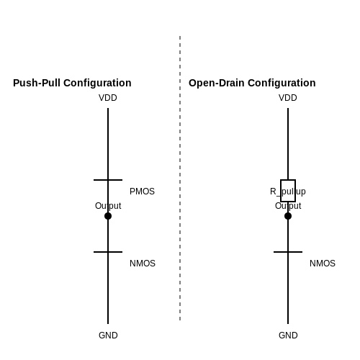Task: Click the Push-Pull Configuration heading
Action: click(x=72, y=83)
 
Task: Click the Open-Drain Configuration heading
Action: click(x=252, y=83)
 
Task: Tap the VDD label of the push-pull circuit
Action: click(x=108, y=98)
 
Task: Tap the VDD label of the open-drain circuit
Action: click(x=288, y=98)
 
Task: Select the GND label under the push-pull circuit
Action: click(x=108, y=336)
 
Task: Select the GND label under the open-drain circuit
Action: click(x=288, y=336)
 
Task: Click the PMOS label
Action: click(x=142, y=192)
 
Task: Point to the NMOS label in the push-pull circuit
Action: click(x=143, y=264)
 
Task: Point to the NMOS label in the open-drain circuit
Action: click(x=323, y=264)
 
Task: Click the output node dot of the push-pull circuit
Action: click(x=108, y=216)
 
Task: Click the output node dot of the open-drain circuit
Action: click(x=288, y=216)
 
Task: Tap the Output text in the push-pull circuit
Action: click(x=108, y=206)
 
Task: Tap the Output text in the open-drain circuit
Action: click(x=288, y=206)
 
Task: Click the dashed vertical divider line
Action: click(x=180, y=178)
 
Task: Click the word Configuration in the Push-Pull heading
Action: click(x=97, y=83)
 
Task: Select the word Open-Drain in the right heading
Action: click(x=217, y=83)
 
